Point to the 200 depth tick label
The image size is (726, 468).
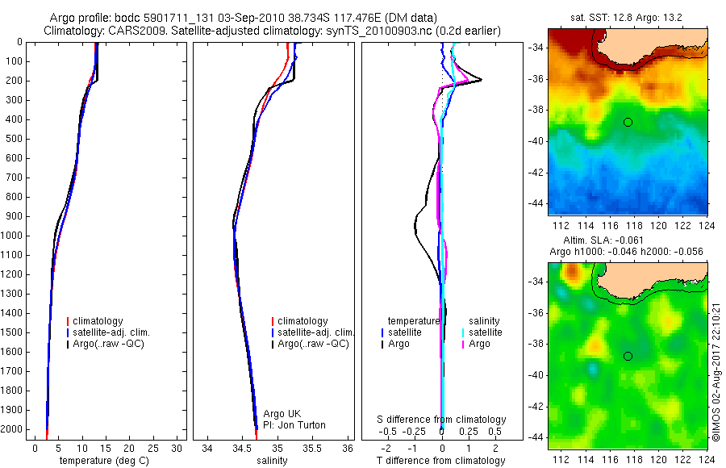[14, 81]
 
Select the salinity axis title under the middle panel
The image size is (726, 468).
[273, 461]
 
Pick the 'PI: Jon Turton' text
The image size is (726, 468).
[296, 425]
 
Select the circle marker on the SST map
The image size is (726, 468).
[628, 122]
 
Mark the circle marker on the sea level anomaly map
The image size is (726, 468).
[628, 356]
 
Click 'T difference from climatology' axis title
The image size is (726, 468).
[441, 461]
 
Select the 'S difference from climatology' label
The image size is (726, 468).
[442, 420]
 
